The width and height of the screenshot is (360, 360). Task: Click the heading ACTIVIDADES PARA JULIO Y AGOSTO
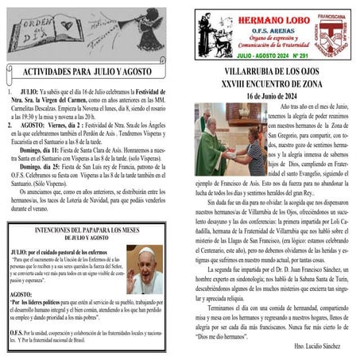pyautogui.click(x=90, y=72)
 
